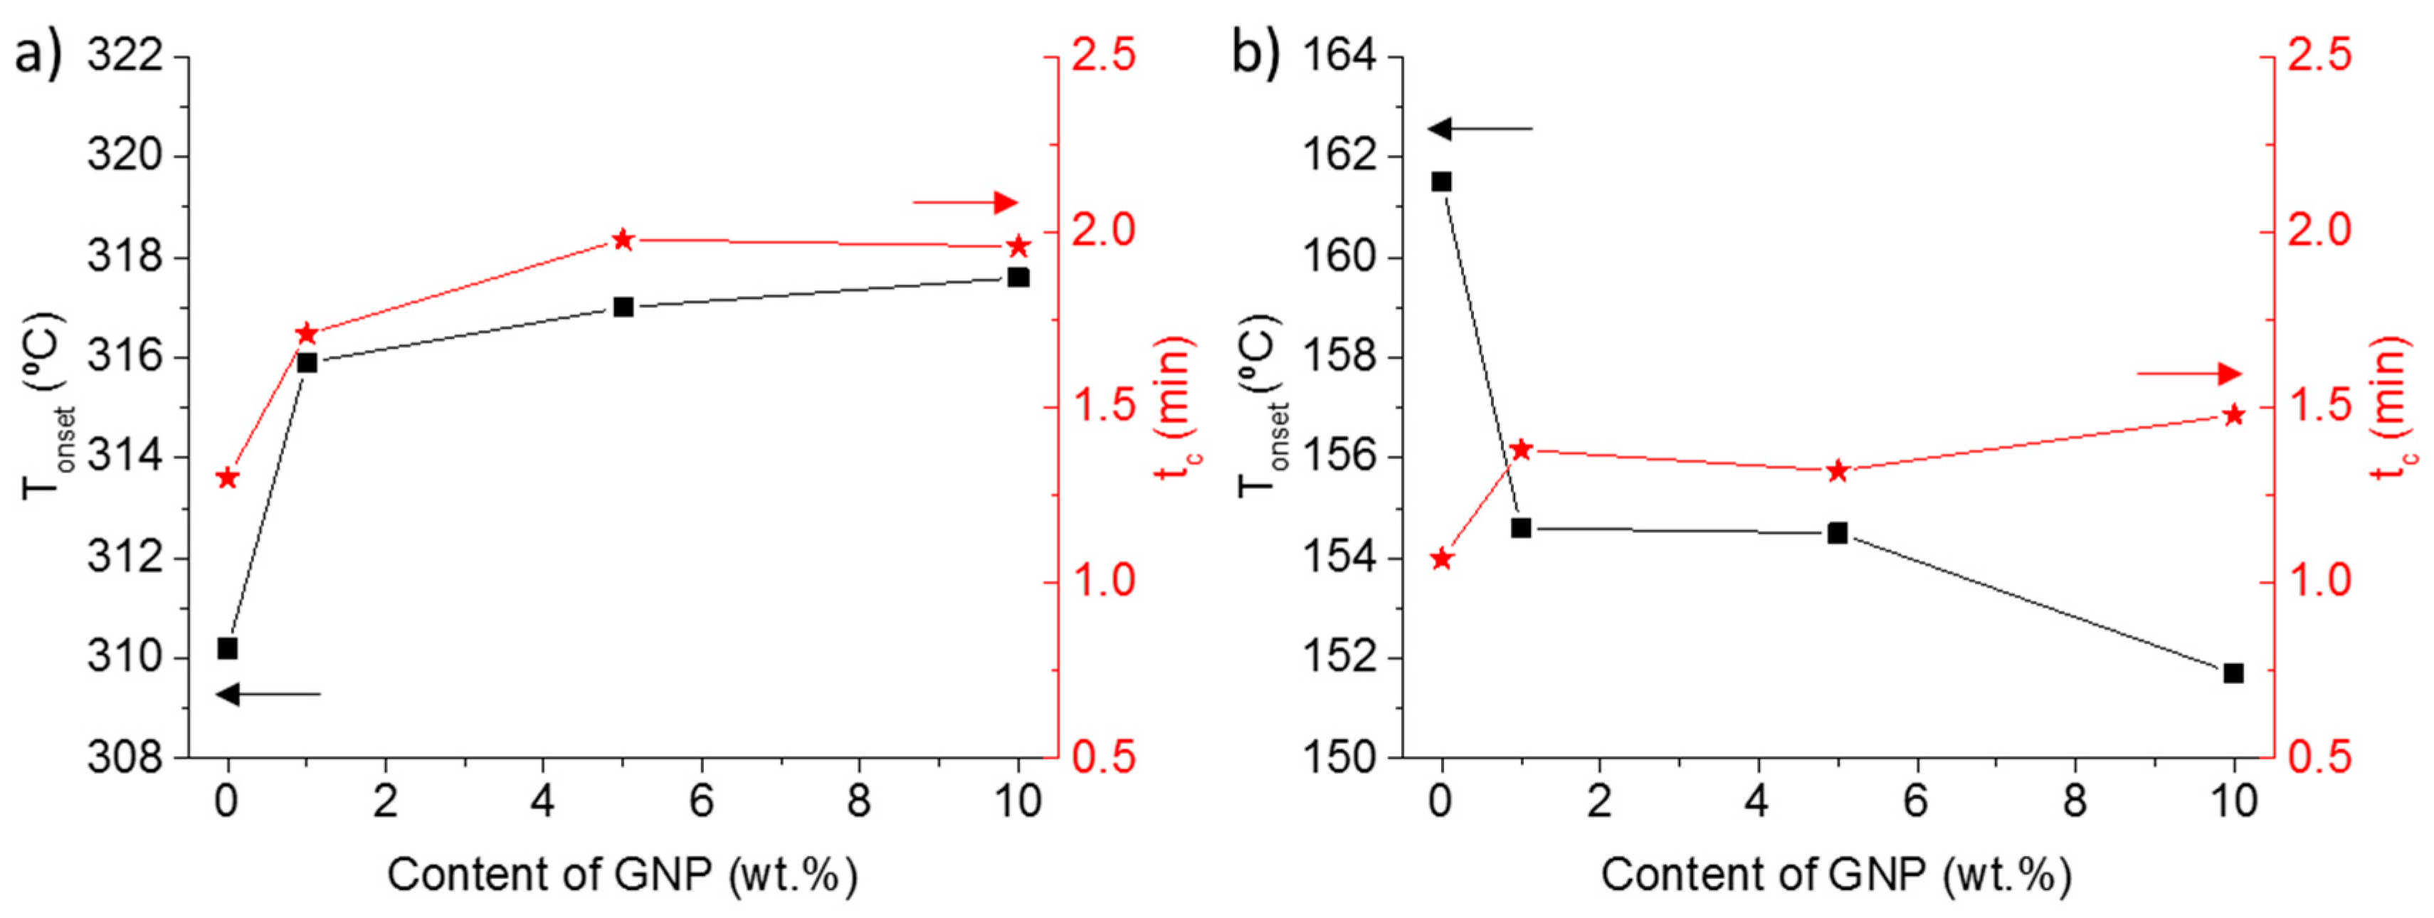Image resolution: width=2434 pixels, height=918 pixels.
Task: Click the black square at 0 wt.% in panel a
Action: (x=227, y=648)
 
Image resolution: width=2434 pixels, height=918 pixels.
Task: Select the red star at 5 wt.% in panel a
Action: (x=623, y=239)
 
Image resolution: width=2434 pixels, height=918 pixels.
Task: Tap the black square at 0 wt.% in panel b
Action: (x=1441, y=181)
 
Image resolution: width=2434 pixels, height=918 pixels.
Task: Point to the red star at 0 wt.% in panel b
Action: (x=1441, y=560)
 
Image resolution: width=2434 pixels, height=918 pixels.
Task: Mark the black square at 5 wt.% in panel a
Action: (x=623, y=307)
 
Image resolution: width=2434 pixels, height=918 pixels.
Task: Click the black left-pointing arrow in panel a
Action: (x=269, y=695)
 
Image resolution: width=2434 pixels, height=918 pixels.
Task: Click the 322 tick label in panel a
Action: (x=125, y=57)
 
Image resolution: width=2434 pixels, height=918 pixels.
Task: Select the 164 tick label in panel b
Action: (x=1340, y=57)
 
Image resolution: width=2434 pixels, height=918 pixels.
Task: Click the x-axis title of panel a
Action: (x=623, y=875)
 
